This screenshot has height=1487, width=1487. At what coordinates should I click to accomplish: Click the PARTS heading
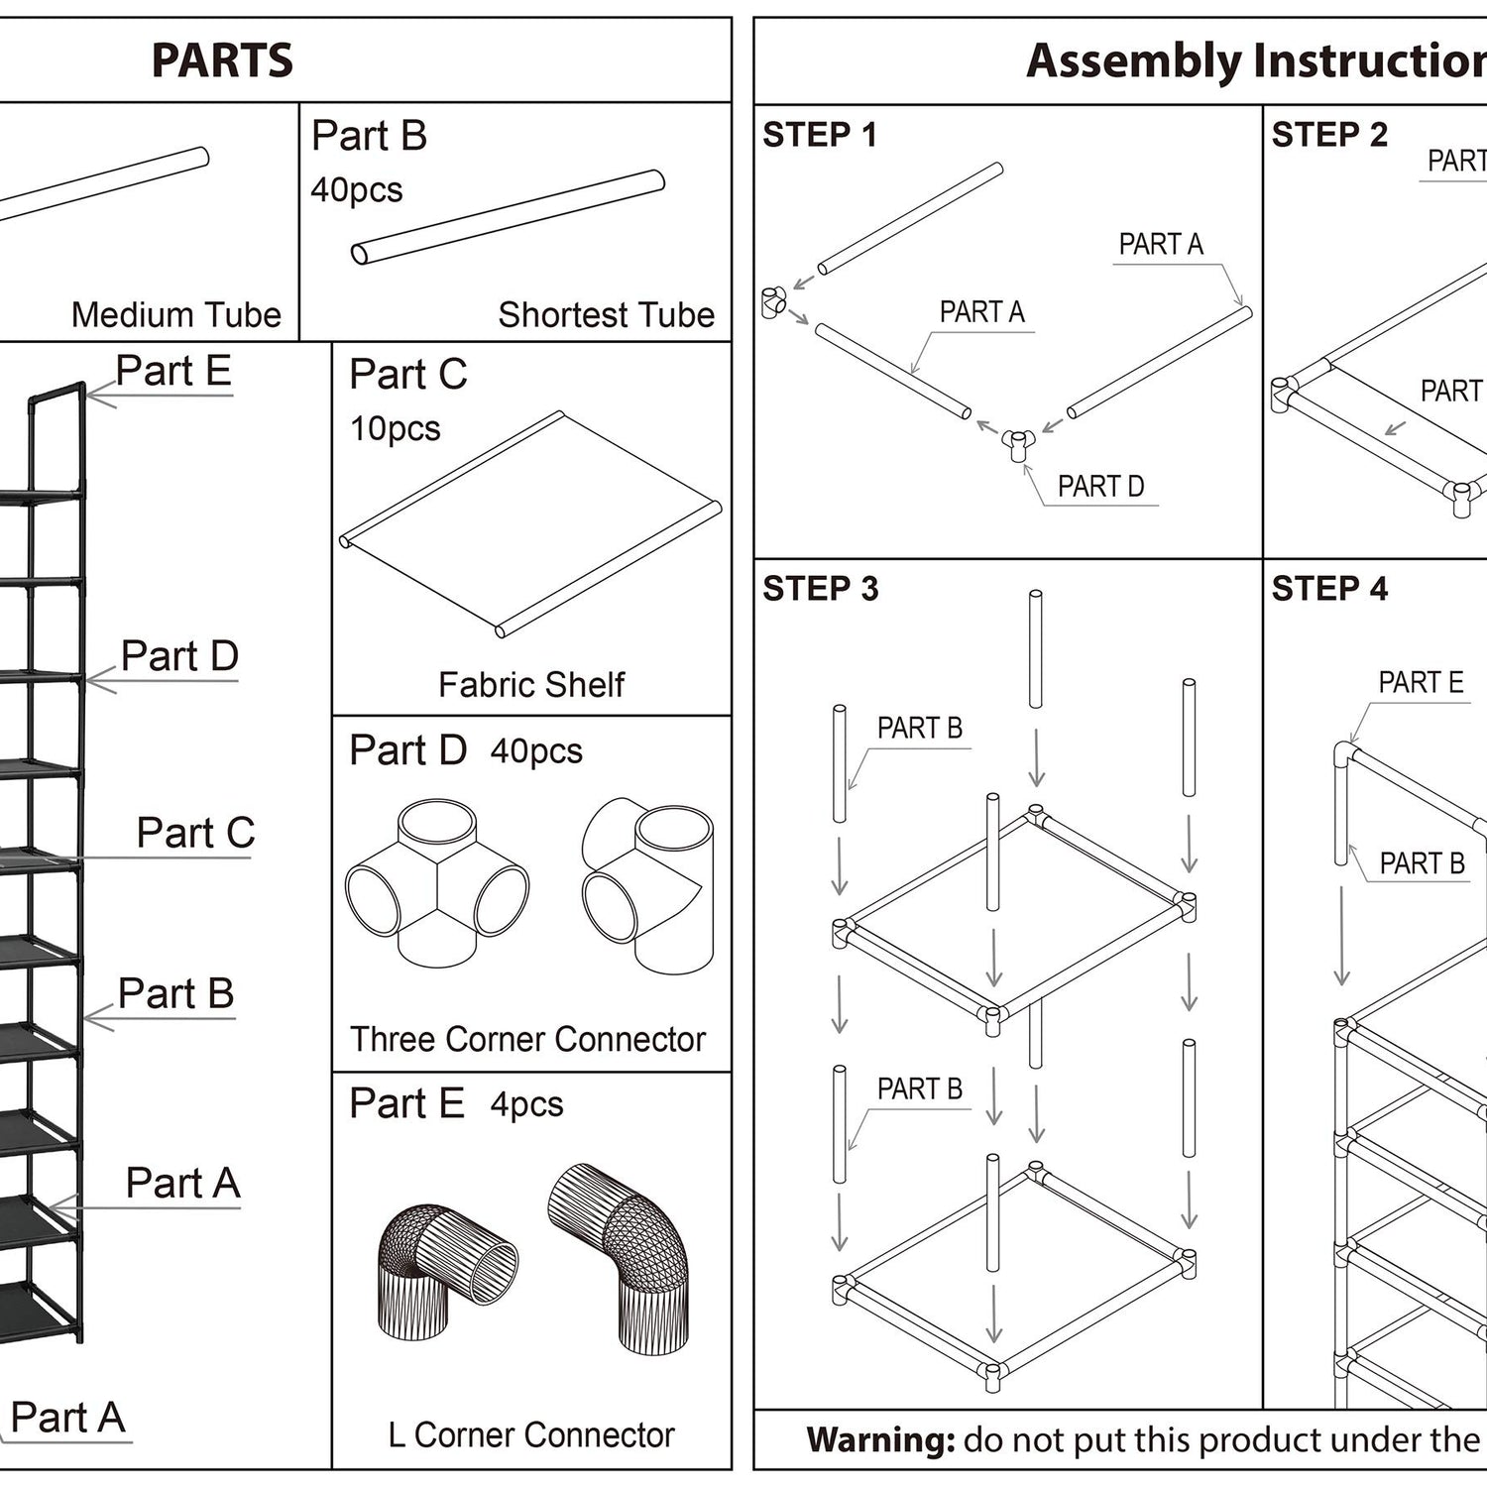(x=222, y=60)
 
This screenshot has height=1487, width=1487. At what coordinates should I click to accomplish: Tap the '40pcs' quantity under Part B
(x=357, y=189)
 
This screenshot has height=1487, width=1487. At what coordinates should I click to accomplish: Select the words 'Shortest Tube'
(x=606, y=314)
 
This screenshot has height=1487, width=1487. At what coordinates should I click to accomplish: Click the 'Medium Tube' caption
(x=176, y=314)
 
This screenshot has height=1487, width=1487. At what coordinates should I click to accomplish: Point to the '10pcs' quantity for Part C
(x=396, y=428)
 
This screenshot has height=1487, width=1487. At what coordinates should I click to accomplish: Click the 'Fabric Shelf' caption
(x=531, y=684)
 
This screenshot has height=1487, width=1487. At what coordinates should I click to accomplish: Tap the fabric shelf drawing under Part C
(x=530, y=524)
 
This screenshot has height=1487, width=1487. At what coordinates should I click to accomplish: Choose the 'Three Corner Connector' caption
(x=527, y=1039)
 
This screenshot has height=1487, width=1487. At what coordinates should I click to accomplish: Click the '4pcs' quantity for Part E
(x=526, y=1104)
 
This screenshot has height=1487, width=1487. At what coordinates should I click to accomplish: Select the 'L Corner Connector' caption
(x=531, y=1434)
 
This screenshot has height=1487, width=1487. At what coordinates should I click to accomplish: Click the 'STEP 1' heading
(x=820, y=135)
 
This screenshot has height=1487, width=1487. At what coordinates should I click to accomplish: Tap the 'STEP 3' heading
(x=821, y=589)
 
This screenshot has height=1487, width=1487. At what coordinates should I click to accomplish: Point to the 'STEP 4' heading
(x=1329, y=589)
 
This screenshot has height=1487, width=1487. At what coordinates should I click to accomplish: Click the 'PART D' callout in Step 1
(x=1100, y=486)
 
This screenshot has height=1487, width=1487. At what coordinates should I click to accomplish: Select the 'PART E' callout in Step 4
(x=1421, y=682)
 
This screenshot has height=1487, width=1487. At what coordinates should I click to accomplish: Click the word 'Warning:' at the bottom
(x=880, y=1439)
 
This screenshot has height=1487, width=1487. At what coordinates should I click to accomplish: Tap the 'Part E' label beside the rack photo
(x=173, y=371)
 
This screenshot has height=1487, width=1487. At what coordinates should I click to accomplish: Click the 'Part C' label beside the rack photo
(x=195, y=833)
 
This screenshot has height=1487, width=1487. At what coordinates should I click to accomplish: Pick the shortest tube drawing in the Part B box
(x=508, y=218)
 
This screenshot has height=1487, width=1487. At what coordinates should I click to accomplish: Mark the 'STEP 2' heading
(x=1329, y=135)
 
